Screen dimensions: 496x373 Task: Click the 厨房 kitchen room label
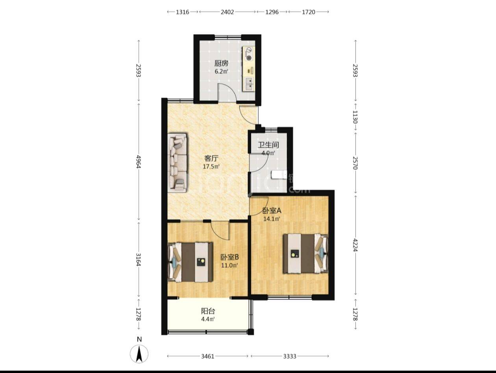click(x=221, y=63)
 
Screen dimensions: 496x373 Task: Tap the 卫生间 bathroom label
click(x=268, y=145)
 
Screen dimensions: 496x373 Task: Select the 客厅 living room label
click(x=211, y=158)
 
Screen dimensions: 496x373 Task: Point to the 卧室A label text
click(x=272, y=210)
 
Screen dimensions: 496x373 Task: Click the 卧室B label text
click(x=229, y=257)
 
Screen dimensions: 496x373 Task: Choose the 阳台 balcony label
click(x=208, y=311)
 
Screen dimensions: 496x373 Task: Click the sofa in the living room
click(x=178, y=163)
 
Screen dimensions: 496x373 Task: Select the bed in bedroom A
click(x=305, y=253)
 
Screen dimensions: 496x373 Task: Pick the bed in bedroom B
click(x=190, y=262)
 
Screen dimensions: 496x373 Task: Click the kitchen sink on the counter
click(x=249, y=84)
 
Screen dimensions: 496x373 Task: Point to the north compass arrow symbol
click(x=139, y=354)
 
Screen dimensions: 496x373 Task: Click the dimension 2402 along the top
click(x=227, y=12)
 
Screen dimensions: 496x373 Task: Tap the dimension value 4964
click(x=139, y=162)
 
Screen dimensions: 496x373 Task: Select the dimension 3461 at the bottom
click(x=208, y=356)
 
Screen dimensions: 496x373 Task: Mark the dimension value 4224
click(x=355, y=245)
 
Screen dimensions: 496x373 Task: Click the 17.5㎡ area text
click(x=211, y=167)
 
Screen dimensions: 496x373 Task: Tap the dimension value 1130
click(x=355, y=117)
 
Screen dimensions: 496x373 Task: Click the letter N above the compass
click(x=139, y=339)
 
